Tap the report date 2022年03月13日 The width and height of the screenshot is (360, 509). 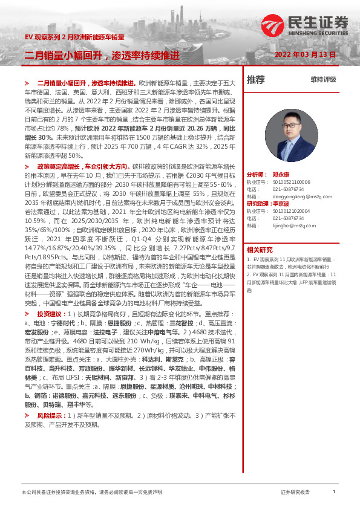tap(304, 54)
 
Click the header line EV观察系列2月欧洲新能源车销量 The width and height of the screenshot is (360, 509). tap(74, 37)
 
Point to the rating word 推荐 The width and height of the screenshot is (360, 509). tap(256, 79)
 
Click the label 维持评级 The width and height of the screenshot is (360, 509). tap(323, 80)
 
